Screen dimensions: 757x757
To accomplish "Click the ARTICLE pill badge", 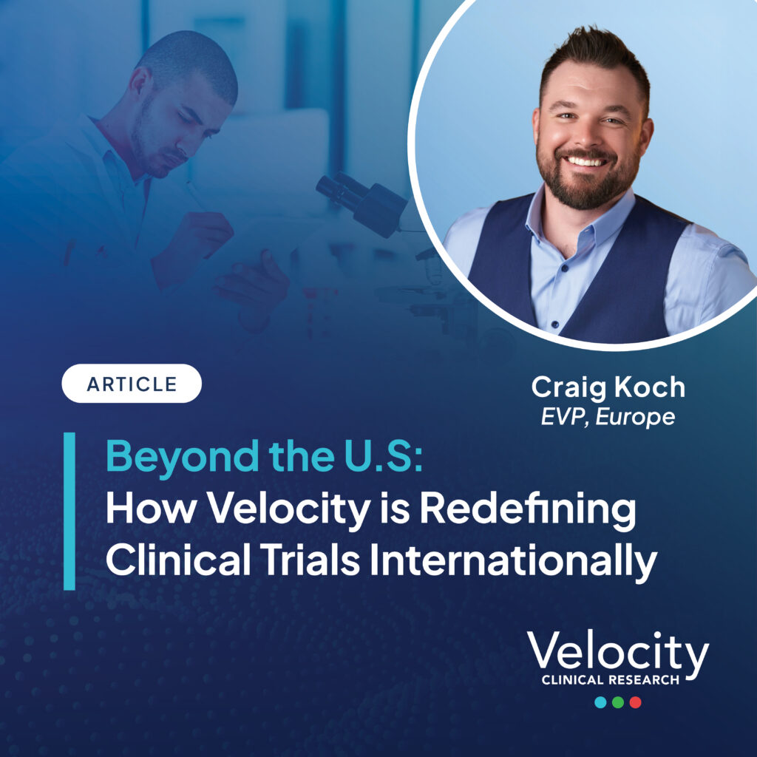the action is click(132, 384).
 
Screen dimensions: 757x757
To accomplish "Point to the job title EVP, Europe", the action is click(608, 417).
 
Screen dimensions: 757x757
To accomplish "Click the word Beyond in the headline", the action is click(183, 457).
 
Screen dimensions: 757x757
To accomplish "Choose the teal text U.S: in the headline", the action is click(384, 455).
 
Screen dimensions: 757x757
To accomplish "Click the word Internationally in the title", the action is click(514, 560).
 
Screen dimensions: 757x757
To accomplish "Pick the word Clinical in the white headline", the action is click(178, 560).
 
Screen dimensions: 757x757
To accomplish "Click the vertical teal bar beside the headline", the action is click(69, 512).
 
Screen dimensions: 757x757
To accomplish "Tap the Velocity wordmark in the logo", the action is click(617, 652).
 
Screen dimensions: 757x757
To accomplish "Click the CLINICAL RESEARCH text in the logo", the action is click(610, 680).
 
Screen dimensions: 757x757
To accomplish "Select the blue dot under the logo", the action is click(600, 702).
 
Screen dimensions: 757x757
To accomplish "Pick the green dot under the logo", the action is click(618, 702).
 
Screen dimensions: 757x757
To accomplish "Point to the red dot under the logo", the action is click(635, 702).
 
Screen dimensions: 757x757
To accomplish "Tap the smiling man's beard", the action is click(588, 181).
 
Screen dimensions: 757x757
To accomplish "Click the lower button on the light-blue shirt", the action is click(554, 324).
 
